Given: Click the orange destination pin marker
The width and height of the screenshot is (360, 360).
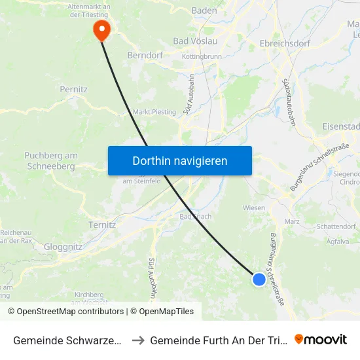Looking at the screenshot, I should click(102, 29).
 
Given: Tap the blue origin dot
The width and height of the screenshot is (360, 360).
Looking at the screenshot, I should click(259, 279).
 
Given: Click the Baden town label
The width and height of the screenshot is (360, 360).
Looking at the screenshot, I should click(204, 11).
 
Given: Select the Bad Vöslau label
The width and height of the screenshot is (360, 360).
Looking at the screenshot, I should click(195, 41).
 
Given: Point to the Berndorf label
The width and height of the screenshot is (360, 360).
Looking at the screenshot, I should click(145, 56).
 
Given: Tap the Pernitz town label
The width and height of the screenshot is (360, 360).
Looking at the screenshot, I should click(73, 88).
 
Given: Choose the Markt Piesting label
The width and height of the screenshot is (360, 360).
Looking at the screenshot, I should click(154, 112).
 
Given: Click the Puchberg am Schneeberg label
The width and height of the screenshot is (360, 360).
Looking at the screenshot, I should click(51, 161).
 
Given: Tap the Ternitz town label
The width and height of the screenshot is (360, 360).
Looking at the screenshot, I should click(101, 225).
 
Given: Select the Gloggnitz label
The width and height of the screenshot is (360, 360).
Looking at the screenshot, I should click(63, 247).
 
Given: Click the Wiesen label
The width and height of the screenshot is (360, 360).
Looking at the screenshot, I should click(254, 208).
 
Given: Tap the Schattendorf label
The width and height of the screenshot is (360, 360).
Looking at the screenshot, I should click(335, 226).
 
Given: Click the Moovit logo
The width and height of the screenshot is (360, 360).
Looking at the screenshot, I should click(321, 339).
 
